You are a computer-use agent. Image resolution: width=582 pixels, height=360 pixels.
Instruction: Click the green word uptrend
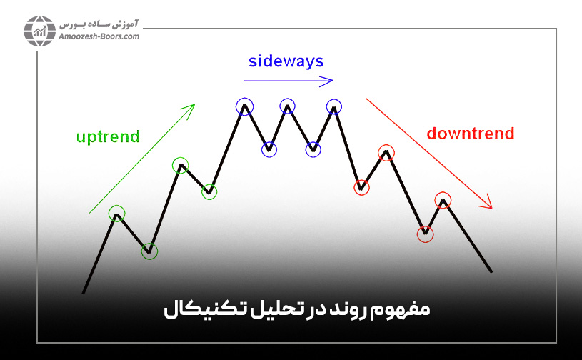107,136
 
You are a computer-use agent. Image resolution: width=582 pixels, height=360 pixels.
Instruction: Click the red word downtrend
470,133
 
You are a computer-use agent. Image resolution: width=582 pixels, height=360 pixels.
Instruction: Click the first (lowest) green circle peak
116,213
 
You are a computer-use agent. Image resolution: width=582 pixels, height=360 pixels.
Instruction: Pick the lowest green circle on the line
149,251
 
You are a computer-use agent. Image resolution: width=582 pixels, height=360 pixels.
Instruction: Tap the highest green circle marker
181,166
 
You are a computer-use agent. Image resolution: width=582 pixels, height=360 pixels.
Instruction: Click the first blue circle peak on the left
245,107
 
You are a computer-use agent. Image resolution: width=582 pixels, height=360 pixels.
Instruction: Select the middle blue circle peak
287,107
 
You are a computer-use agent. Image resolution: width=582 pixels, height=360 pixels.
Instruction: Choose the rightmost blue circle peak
334,107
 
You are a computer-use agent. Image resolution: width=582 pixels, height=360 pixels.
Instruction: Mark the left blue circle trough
269,149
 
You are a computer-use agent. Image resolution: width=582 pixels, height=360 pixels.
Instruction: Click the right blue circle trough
313,149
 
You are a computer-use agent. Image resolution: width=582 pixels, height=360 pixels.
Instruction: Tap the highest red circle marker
386,152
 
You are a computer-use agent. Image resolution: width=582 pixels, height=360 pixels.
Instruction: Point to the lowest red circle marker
426,233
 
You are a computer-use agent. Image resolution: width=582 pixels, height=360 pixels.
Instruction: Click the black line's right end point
491,271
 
